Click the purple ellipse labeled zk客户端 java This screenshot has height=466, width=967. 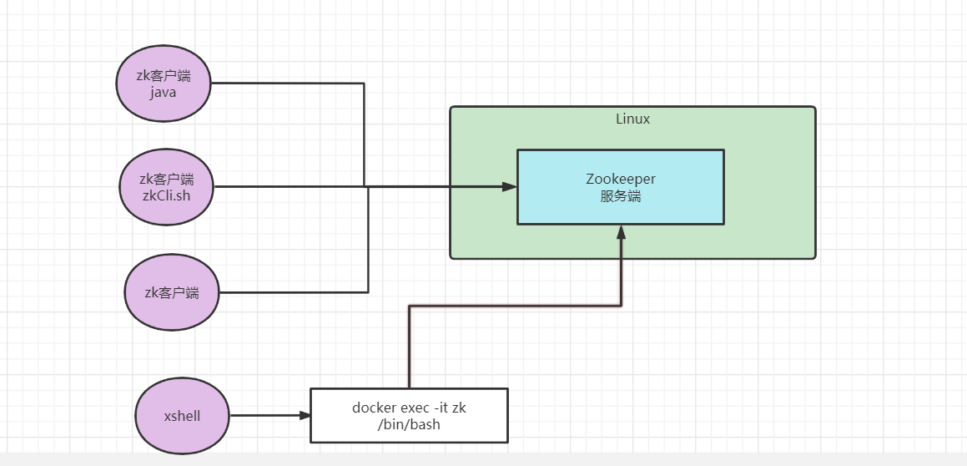click(164, 84)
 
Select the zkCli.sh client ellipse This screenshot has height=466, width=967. click(165, 187)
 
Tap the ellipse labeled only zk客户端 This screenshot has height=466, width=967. click(172, 292)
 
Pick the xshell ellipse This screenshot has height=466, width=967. click(183, 416)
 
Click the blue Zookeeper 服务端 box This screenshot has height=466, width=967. click(620, 187)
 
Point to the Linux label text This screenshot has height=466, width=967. click(632, 119)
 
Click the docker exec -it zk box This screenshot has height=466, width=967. click(409, 415)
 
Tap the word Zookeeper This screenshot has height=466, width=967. click(620, 179)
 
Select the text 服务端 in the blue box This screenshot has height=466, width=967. click(620, 197)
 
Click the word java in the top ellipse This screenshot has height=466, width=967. click(164, 93)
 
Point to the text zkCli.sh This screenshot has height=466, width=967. click(165, 195)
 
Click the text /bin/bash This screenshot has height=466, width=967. click(409, 424)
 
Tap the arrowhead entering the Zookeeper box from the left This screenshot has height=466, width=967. click(510, 187)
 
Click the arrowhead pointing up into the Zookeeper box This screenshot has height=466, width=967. click(621, 232)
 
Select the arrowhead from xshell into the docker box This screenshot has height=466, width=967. click(304, 415)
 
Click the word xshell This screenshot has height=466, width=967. click(183, 416)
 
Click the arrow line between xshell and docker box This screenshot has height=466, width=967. click(263, 415)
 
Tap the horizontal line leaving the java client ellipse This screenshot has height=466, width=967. click(284, 84)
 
